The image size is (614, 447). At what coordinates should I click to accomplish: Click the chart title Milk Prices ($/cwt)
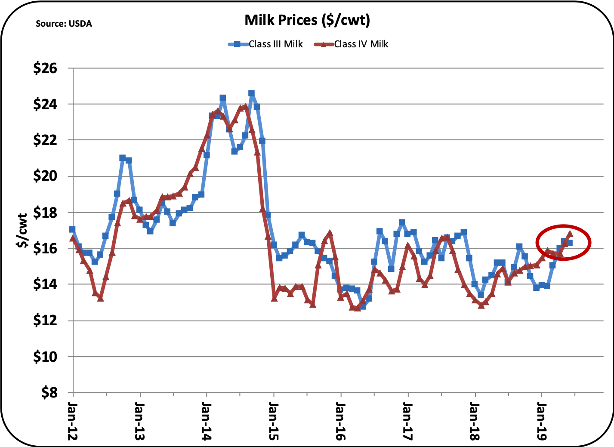(307, 20)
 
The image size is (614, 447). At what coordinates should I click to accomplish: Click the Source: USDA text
(64, 24)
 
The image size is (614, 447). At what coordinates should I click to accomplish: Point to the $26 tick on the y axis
(45, 68)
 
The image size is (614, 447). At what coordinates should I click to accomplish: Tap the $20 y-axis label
(45, 176)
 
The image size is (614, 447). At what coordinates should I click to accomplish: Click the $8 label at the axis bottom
(49, 393)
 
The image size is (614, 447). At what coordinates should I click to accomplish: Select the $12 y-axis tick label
(45, 321)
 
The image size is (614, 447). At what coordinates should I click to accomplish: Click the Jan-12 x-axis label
(73, 421)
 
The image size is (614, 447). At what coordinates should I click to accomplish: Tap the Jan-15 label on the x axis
(273, 421)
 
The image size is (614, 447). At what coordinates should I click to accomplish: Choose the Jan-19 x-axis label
(541, 421)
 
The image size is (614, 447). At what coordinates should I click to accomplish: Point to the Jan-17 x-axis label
(407, 421)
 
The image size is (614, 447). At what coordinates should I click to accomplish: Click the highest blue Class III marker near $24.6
(251, 93)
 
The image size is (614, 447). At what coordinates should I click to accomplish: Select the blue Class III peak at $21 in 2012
(123, 158)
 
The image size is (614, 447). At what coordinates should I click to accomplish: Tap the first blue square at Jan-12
(72, 229)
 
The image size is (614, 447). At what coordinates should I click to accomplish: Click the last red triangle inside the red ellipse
(570, 234)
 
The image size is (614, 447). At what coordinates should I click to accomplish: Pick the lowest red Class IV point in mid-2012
(100, 298)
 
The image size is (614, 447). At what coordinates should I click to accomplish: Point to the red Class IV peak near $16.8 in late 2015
(330, 234)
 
